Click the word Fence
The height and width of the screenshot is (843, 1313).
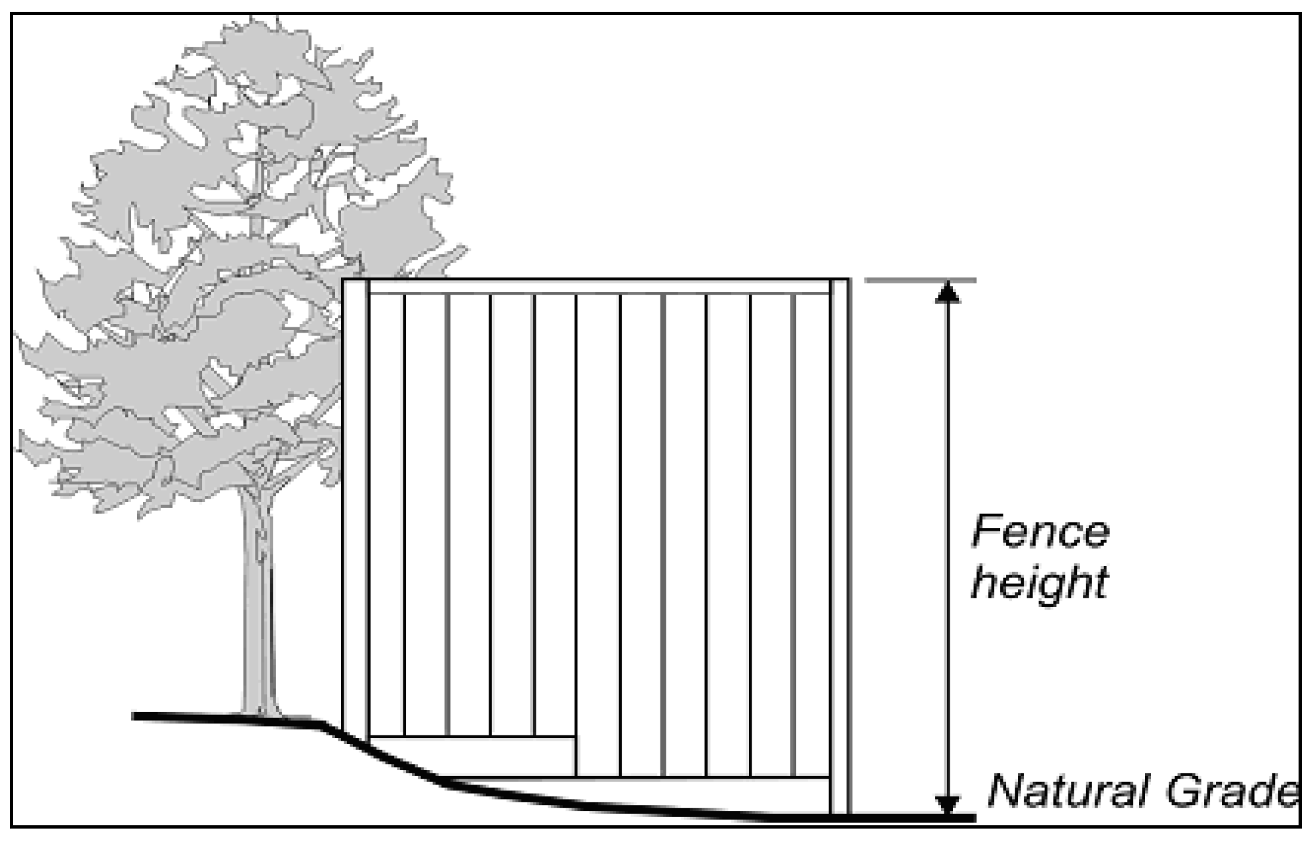(x=1040, y=532)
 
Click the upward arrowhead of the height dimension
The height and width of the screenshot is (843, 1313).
(x=946, y=293)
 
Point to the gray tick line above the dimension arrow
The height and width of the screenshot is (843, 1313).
(x=920, y=280)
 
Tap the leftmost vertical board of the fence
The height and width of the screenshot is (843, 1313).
(x=387, y=515)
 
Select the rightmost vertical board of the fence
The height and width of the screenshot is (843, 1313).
(x=813, y=535)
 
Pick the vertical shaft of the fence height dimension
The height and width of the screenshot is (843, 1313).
(x=946, y=549)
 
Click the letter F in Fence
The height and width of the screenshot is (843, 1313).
(x=986, y=532)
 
